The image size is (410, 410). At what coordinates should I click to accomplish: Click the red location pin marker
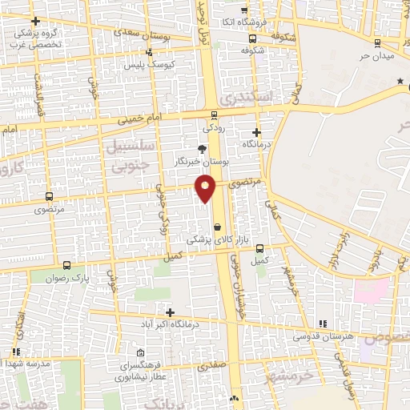[x=207, y=188]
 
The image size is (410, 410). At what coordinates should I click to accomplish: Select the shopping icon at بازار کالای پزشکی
[x=217, y=227]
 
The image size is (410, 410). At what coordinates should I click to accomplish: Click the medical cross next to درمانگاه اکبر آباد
[x=169, y=312]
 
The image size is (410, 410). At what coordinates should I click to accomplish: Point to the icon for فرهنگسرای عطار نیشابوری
[x=141, y=353]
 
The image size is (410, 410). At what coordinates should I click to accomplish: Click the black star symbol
[x=400, y=82]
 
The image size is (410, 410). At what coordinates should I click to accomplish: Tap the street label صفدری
[x=214, y=365]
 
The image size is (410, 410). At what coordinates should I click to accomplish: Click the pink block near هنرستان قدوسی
[x=371, y=289]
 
